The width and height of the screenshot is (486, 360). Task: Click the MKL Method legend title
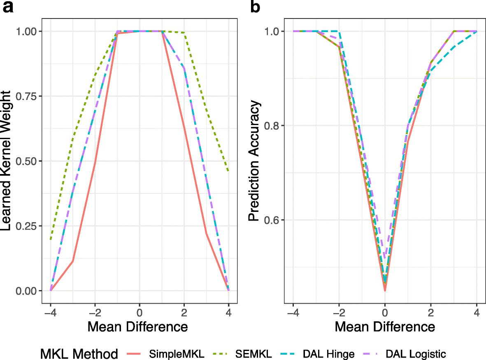[79, 353]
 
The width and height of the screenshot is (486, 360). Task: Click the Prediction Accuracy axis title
[254, 161]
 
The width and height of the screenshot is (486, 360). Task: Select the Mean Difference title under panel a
[137, 327]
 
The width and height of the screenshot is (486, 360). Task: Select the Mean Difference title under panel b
[385, 327]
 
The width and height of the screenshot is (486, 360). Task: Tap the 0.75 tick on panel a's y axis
[26, 96]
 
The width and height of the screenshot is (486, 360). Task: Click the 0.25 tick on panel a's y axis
[26, 226]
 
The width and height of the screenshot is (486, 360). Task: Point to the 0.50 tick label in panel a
[26, 161]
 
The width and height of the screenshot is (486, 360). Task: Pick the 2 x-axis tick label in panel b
[431, 312]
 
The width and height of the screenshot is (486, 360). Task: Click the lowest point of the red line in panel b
[385, 291]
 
